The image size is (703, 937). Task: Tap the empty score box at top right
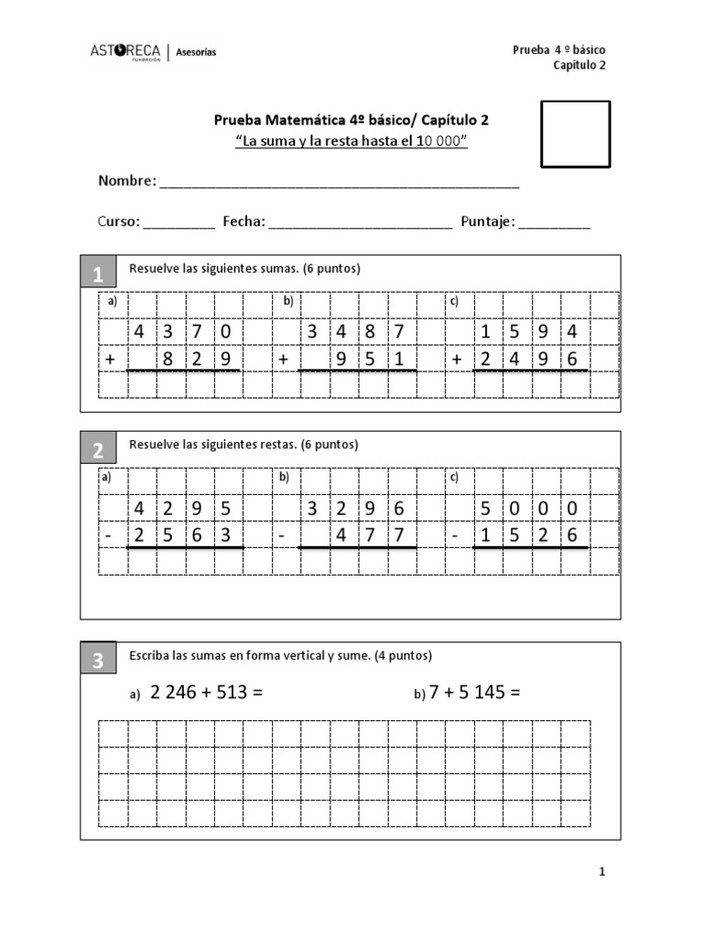point(575,135)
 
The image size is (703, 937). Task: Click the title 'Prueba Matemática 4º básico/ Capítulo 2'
point(357,120)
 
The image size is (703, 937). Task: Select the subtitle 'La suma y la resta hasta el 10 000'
point(351,141)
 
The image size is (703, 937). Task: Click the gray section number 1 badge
point(98,274)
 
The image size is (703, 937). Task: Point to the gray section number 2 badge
point(98,449)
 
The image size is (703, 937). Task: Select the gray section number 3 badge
point(98,662)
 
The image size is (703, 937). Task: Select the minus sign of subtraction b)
point(284,536)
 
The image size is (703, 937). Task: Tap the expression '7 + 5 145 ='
point(474,693)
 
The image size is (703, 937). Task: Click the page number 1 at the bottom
point(601,872)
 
